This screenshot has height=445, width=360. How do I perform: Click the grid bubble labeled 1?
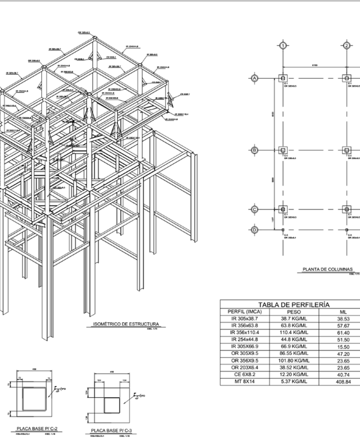283,45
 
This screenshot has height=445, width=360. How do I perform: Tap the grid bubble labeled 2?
346,45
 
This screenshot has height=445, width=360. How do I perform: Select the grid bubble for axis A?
255,78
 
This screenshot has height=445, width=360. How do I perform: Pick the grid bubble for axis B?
255,150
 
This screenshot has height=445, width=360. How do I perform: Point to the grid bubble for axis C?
255,209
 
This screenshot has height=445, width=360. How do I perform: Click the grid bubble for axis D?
255,230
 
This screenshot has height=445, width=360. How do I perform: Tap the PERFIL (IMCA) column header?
244,311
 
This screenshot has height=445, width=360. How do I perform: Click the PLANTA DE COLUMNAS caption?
327,270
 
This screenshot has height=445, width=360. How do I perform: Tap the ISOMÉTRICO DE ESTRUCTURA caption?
124,324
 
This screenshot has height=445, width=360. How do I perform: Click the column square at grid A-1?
283,78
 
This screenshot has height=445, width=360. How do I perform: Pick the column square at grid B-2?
347,150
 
